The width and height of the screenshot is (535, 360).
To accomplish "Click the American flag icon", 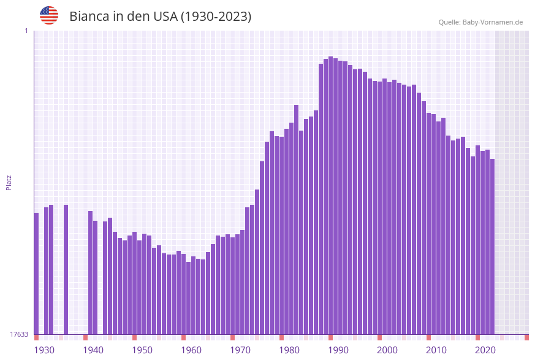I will tap(49, 15).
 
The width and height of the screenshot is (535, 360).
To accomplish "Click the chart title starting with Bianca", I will tap(160, 17).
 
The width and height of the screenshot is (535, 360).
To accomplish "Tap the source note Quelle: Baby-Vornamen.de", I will tap(480, 22).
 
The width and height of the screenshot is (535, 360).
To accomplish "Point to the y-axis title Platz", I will tap(9, 182).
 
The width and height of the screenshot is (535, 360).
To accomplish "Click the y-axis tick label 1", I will tap(26, 31).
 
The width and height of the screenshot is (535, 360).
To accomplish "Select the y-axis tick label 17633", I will tap(19, 334).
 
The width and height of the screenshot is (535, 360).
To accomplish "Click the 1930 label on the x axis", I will tap(44, 350).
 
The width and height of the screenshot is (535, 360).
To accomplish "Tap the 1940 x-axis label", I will tap(93, 350).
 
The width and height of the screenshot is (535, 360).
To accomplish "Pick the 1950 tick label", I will tap(142, 350).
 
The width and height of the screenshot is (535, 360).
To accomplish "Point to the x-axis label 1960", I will tap(191, 350).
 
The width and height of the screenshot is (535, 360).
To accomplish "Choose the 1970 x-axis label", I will tap(240, 350).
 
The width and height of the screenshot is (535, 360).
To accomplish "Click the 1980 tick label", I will tap(289, 350).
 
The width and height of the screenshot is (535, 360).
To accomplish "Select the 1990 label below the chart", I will tap(338, 350).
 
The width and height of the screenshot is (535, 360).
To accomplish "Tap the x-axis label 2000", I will tap(387, 350).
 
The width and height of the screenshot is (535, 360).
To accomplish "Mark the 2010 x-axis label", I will tap(436, 350).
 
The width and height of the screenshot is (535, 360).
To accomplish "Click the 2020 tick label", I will tap(485, 350).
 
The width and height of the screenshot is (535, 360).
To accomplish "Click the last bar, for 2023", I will tap(492, 246).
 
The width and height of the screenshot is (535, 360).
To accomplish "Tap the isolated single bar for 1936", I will tap(66, 269).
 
